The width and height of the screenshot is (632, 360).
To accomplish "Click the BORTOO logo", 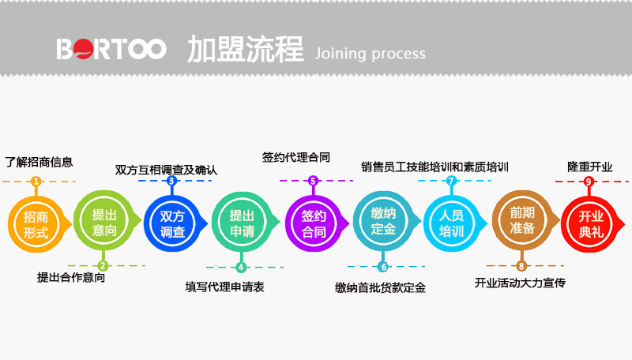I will coord(111,49).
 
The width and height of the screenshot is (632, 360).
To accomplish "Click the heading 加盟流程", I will coord(245,49).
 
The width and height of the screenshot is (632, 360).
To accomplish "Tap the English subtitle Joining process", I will coord(370,54).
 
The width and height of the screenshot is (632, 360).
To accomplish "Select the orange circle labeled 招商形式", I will coord(36,223).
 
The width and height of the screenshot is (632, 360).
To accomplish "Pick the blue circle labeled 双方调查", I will coord(172,223).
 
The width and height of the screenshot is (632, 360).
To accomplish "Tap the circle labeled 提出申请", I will coord(241,223).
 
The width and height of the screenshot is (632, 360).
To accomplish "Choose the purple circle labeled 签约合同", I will coord(313,223).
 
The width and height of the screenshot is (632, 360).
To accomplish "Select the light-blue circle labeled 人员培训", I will coord(451,223).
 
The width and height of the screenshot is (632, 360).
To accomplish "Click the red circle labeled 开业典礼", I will coord(589,223).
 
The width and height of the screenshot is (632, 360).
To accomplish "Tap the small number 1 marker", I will coord(36,182).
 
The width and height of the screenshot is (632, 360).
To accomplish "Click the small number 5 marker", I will coord(313,181).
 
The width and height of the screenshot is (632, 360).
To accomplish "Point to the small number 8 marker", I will coord(521,266).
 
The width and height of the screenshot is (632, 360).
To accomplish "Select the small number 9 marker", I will coord(589,182).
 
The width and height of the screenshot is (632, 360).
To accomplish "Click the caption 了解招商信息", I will coord(39,162).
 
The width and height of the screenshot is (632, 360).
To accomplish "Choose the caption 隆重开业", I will coord(589,167).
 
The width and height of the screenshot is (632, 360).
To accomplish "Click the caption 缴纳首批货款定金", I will coord(380,287).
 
